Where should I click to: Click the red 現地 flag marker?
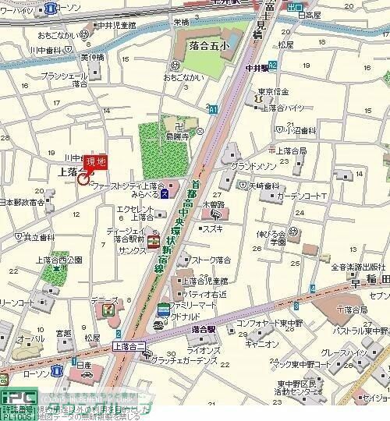pos(96,161)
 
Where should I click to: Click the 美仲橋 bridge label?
pos(91,58)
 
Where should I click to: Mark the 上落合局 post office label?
pos(291,150)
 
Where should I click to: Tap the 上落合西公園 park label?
pos(58,260)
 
